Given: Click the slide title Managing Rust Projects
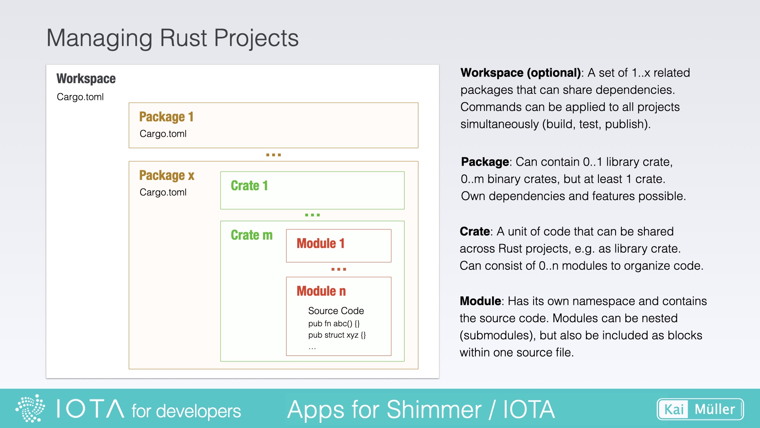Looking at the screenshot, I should point(172,38).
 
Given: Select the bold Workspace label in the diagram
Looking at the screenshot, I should point(86,78).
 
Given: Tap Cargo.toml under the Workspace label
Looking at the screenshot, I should point(80,97).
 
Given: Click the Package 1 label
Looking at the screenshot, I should point(166,117).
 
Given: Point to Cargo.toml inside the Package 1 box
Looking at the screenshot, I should point(163,134).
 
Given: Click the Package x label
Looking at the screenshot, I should point(167,175).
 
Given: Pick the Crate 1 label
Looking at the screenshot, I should point(249,185).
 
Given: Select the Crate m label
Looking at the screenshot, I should point(252,235).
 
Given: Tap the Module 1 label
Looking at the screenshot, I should point(321,243).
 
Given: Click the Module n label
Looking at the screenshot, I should point(321,291).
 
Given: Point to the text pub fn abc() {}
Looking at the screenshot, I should point(334,323).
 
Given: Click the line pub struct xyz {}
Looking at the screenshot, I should point(337,335).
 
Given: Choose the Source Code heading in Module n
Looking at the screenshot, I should point(336,311).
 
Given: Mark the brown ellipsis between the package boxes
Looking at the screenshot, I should point(274,155).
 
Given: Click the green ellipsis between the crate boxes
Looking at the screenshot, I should point(312,215).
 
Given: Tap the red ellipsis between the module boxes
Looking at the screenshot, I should point(338,269).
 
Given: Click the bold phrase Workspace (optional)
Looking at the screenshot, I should point(521,73).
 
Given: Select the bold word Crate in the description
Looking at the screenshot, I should point(475,231).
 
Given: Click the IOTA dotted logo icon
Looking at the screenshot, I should point(30,408).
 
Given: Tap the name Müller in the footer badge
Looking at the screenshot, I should point(714,409).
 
